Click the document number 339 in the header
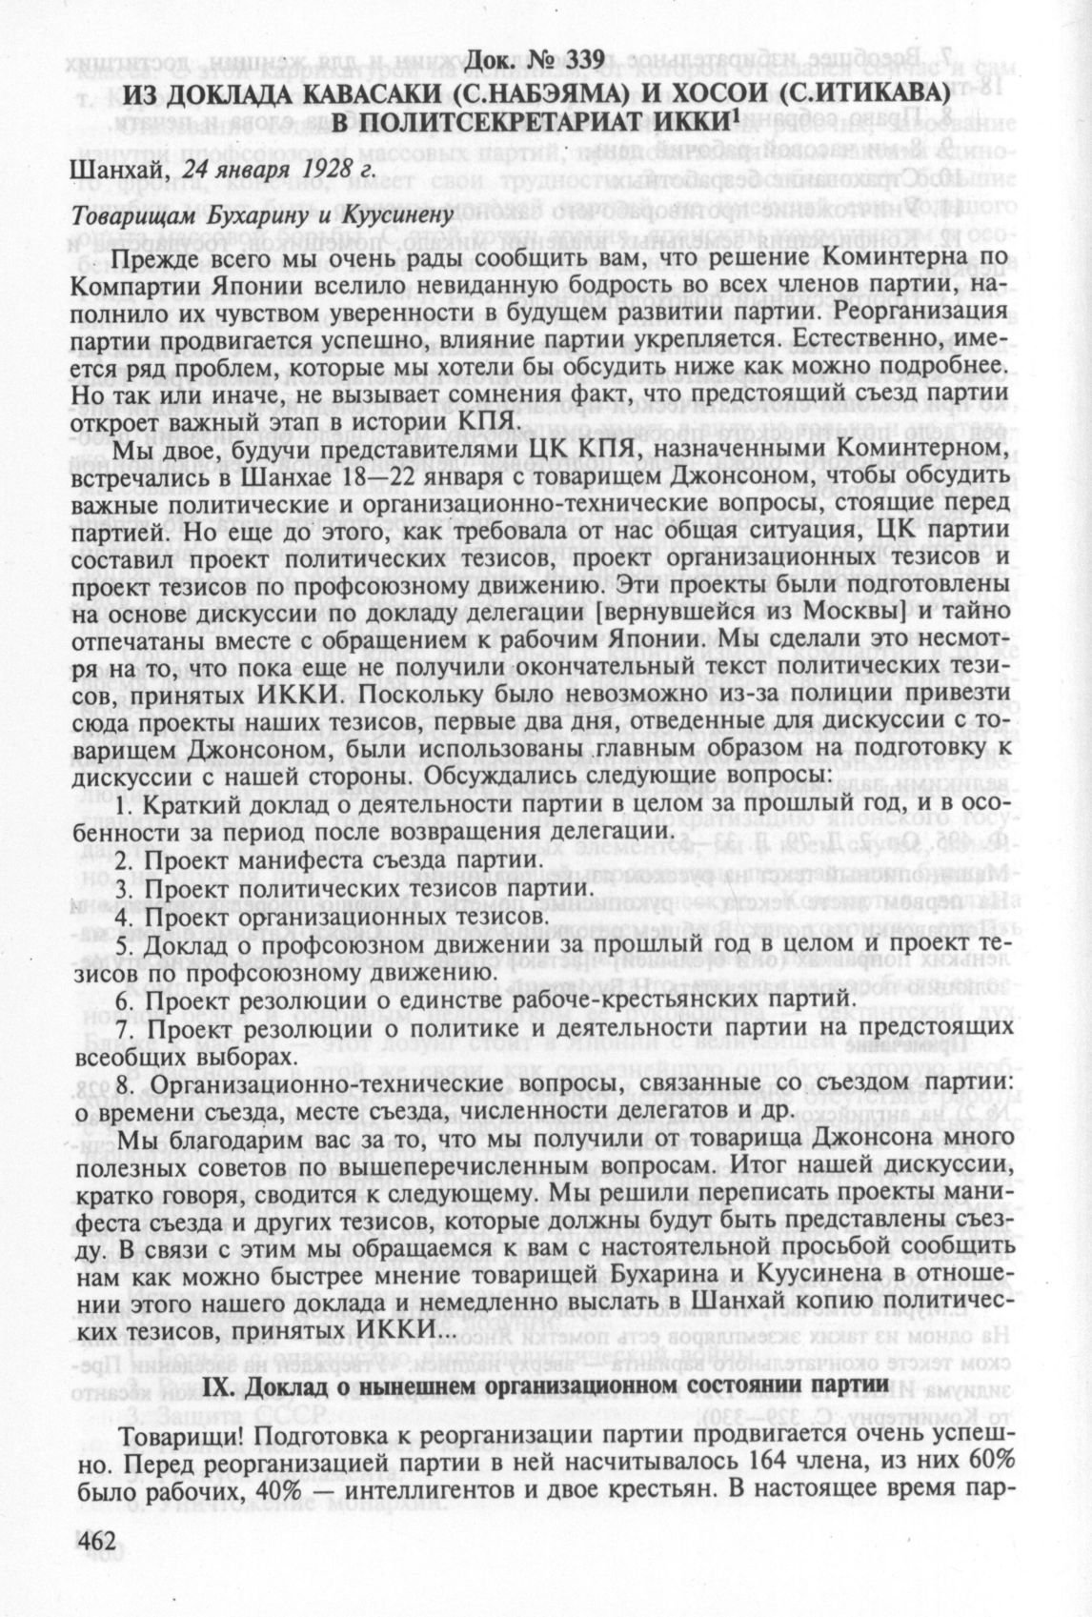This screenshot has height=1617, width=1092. pos(579,59)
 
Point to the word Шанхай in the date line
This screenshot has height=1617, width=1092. pos(103,173)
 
